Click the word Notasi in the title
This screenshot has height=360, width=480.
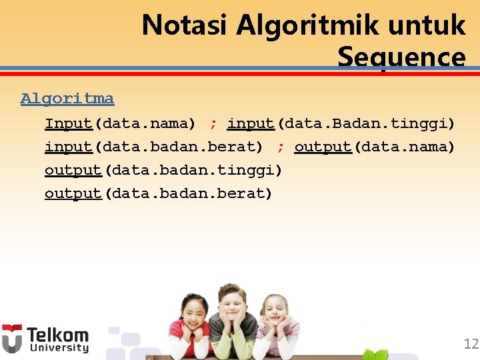pyautogui.click(x=185, y=26)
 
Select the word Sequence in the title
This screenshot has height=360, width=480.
pyautogui.click(x=401, y=57)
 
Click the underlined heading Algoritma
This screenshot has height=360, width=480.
pyautogui.click(x=67, y=99)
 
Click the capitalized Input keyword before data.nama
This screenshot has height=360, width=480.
pyautogui.click(x=68, y=123)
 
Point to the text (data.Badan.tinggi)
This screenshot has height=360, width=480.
pyautogui.click(x=365, y=123)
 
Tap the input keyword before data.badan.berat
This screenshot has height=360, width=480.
pyautogui.click(x=68, y=147)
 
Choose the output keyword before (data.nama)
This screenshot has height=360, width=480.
pyautogui.click(x=323, y=147)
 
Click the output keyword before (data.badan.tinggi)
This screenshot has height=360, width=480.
pyautogui.click(x=73, y=170)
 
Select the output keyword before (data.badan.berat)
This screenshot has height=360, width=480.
pyautogui.click(x=73, y=193)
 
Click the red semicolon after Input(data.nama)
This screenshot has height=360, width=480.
pyautogui.click(x=213, y=124)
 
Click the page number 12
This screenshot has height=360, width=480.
pyautogui.click(x=471, y=344)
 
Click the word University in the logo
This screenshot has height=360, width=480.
pyautogui.click(x=57, y=347)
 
